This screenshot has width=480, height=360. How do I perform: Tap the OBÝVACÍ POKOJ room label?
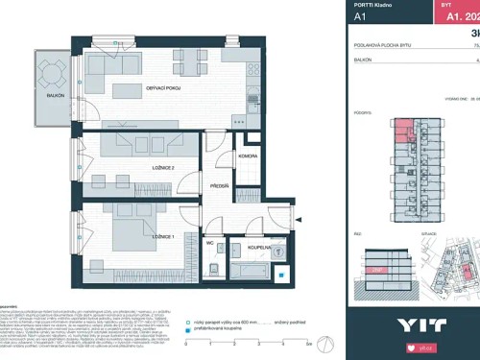tap(163, 89)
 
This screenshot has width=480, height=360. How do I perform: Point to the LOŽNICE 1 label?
tap(156, 235)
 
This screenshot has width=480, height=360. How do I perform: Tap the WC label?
tap(209, 243)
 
